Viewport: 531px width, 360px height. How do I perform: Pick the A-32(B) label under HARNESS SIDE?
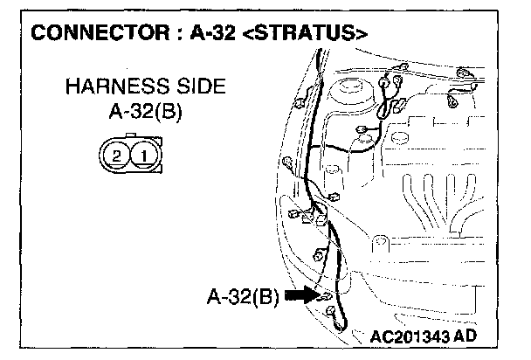tap(143, 112)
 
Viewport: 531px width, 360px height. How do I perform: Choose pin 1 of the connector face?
tap(142, 157)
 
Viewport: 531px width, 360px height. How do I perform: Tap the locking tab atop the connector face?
tap(129, 138)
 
